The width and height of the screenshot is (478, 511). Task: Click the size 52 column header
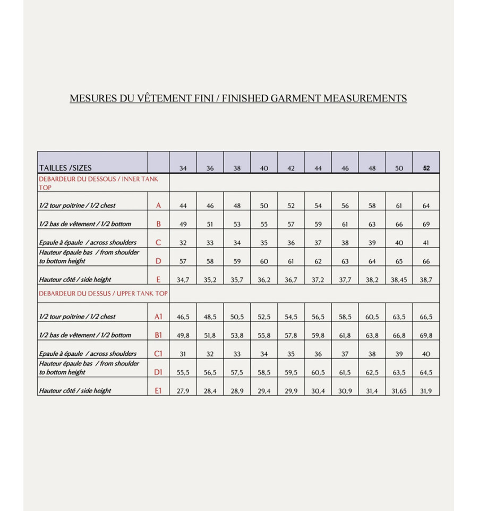tap(426, 168)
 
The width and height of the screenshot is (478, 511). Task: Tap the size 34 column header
tap(183, 168)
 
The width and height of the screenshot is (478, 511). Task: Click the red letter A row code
tap(158, 206)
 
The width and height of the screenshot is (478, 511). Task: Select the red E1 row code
tap(158, 391)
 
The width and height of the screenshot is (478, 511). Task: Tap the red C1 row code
tap(158, 354)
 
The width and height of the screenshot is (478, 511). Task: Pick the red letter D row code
tap(158, 261)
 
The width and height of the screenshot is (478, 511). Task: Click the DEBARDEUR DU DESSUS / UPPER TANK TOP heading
tap(103, 293)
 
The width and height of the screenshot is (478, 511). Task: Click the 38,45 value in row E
tap(399, 280)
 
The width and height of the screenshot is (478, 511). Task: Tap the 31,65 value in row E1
tap(399, 391)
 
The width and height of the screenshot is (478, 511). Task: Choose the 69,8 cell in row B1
tap(426, 336)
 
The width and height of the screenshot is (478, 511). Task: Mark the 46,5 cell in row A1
tap(183, 317)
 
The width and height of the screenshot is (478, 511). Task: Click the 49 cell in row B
tap(183, 225)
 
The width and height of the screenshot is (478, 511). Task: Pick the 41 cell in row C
tap(426, 243)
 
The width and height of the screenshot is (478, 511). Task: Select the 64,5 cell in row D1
tap(426, 373)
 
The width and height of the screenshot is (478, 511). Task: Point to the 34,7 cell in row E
tap(183, 280)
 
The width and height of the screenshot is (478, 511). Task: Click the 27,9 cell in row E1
tap(183, 391)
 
